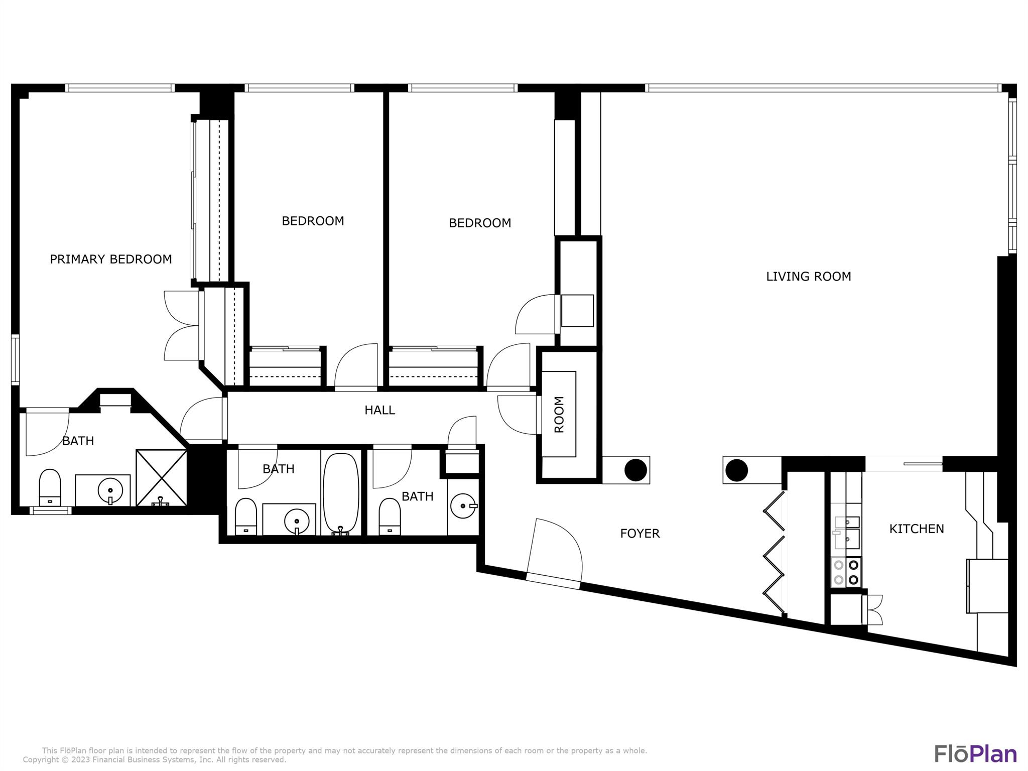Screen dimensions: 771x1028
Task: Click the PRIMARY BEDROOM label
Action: click(x=110, y=259)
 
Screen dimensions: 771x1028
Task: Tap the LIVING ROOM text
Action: click(x=808, y=276)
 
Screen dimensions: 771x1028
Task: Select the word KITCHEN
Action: click(x=916, y=529)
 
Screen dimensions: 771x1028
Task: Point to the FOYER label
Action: click(x=639, y=533)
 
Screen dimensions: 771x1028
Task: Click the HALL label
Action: click(x=379, y=410)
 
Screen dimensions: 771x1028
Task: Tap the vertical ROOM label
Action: click(x=559, y=414)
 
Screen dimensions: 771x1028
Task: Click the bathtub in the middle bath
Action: click(x=341, y=493)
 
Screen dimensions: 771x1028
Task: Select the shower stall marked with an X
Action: click(x=161, y=477)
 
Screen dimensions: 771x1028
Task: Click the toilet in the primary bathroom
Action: click(x=50, y=487)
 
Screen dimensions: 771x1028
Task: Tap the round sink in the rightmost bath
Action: click(x=463, y=506)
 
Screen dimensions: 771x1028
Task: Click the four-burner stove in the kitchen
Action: click(x=846, y=572)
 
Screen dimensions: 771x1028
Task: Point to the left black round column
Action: click(x=635, y=470)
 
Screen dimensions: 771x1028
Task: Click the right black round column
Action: click(x=736, y=470)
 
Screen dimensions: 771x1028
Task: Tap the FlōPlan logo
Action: click(x=975, y=753)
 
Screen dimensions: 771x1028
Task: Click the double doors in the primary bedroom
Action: click(x=182, y=325)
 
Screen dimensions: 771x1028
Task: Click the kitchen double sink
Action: click(x=847, y=532)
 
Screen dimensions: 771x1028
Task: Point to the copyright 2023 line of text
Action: click(x=154, y=760)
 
